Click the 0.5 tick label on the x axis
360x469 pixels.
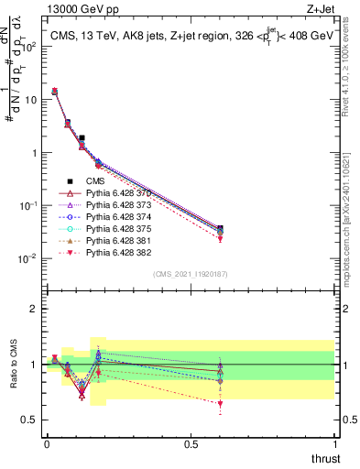click(x=191, y=443)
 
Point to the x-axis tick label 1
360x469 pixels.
click(x=335, y=443)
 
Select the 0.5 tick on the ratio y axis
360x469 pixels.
click(x=34, y=421)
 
